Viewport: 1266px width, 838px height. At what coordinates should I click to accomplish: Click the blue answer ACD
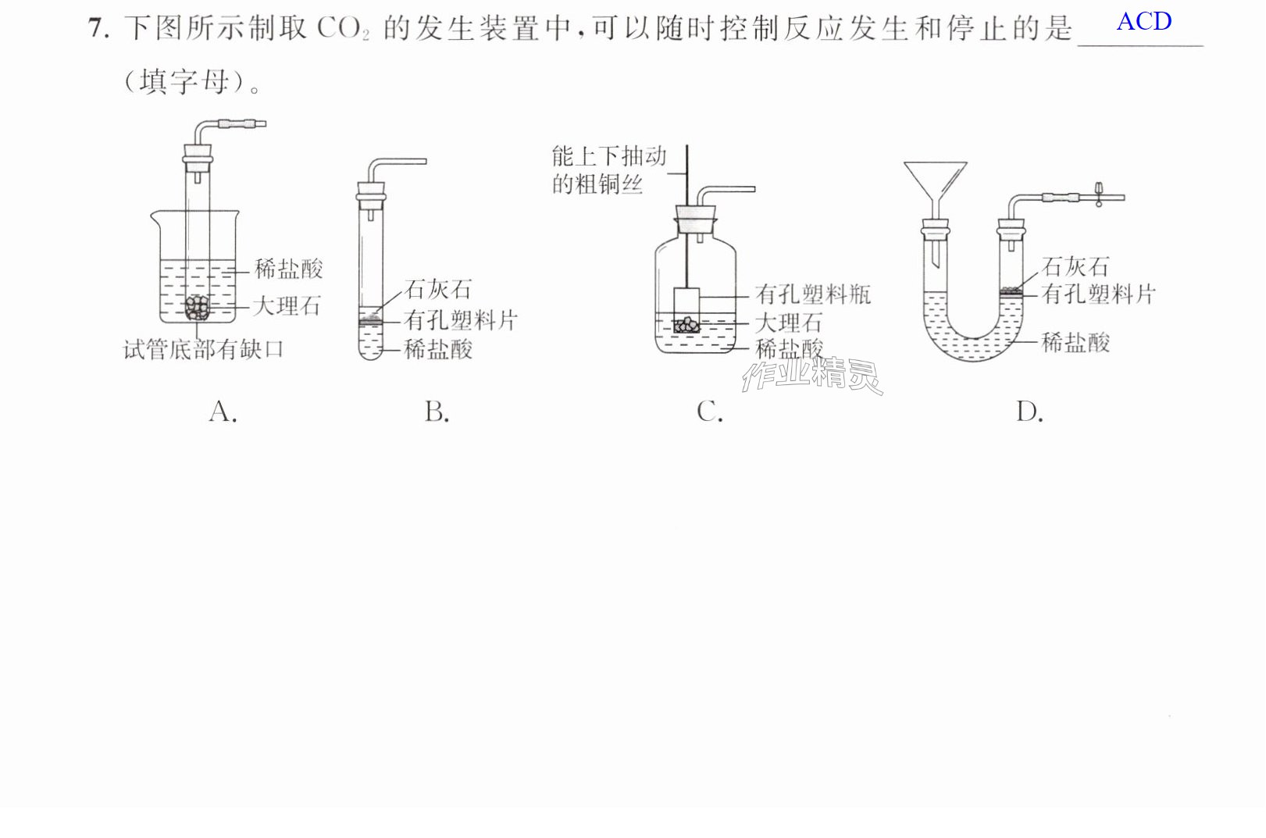click(x=1144, y=22)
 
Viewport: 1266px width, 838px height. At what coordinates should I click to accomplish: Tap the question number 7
click(x=98, y=28)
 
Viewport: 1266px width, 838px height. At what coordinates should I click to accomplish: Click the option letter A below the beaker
click(x=223, y=412)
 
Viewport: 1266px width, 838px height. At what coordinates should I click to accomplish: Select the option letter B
click(x=437, y=412)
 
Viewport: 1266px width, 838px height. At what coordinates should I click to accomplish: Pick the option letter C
click(x=709, y=412)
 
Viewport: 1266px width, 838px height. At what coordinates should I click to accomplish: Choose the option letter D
click(x=1029, y=412)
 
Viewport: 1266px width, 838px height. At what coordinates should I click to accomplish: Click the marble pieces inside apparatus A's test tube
click(x=198, y=308)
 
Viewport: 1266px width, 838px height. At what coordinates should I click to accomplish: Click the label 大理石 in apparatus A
click(x=287, y=306)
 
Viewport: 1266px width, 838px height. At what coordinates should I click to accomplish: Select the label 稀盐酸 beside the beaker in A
click(x=289, y=269)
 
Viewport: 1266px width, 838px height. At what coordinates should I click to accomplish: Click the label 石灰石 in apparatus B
click(x=438, y=289)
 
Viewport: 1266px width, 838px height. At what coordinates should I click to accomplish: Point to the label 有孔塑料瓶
click(x=813, y=294)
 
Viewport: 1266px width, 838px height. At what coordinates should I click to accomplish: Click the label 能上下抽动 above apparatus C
click(x=609, y=156)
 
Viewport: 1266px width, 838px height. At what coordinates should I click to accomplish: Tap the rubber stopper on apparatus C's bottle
click(x=696, y=219)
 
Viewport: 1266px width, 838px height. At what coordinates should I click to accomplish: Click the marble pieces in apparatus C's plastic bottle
click(x=686, y=324)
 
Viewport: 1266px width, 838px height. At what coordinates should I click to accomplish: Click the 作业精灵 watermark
click(x=812, y=375)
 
